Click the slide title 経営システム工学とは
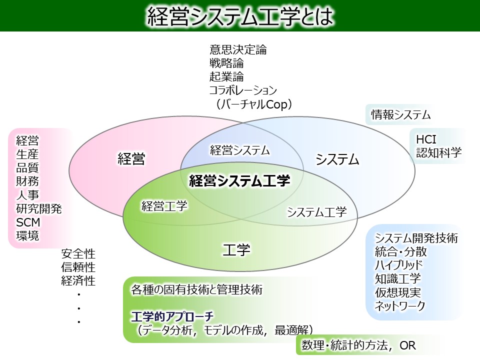(x=240, y=16)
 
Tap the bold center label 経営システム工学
(x=239, y=180)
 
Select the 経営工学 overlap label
(x=164, y=206)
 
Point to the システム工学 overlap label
(x=317, y=212)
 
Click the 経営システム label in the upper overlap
(x=239, y=150)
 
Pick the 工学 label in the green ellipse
(x=236, y=250)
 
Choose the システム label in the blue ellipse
(x=337, y=159)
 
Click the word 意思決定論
(x=238, y=49)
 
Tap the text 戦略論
(x=226, y=63)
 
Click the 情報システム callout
(x=400, y=115)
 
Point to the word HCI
(x=426, y=139)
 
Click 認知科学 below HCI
(x=439, y=153)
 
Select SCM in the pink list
(x=28, y=222)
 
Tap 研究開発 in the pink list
(x=39, y=209)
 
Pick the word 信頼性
(x=78, y=267)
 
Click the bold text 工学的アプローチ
(x=172, y=316)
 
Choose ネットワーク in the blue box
(x=400, y=306)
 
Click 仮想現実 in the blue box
(x=398, y=292)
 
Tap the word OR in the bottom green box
(x=408, y=345)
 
